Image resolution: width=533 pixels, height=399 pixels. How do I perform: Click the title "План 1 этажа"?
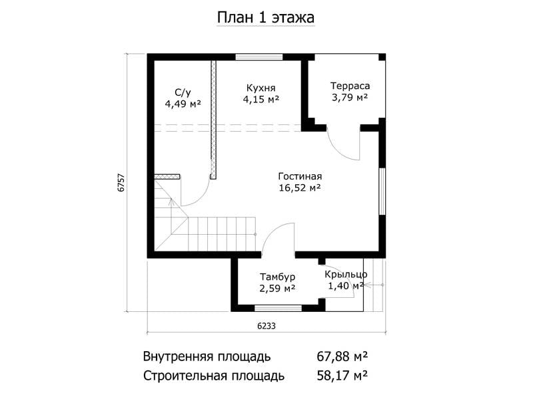coord(265,18)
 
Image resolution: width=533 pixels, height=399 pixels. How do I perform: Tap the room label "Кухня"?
coord(261,88)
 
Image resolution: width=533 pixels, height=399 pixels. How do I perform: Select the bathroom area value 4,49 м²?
coord(183,104)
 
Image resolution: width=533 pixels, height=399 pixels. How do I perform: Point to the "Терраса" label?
coord(350,86)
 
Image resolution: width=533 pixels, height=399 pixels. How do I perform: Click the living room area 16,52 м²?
coord(300,188)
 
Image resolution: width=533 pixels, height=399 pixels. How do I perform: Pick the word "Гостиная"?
coord(300,176)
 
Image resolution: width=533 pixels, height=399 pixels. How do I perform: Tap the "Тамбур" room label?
coord(277,277)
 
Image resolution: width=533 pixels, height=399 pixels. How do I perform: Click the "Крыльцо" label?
coord(346,274)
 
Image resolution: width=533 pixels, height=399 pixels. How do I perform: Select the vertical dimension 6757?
coord(121,184)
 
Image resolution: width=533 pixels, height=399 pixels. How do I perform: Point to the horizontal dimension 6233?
coord(266,326)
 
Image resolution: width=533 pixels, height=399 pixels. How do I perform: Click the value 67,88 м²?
coord(342,356)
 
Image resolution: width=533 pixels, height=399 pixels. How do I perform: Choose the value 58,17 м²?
coord(342,376)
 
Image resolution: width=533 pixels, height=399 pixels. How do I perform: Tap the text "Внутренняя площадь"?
coord(207,357)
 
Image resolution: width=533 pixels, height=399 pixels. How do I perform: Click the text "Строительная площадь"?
coord(213,376)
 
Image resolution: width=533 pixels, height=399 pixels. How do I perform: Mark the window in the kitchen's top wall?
coord(259,57)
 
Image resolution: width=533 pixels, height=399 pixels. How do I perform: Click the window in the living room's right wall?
coord(382,191)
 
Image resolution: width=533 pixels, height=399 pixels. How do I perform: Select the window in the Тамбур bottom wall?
coord(278,308)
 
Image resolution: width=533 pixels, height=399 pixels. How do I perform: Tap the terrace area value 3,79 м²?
coord(350,98)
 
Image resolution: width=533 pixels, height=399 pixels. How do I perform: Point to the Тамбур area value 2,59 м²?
coord(277,289)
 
